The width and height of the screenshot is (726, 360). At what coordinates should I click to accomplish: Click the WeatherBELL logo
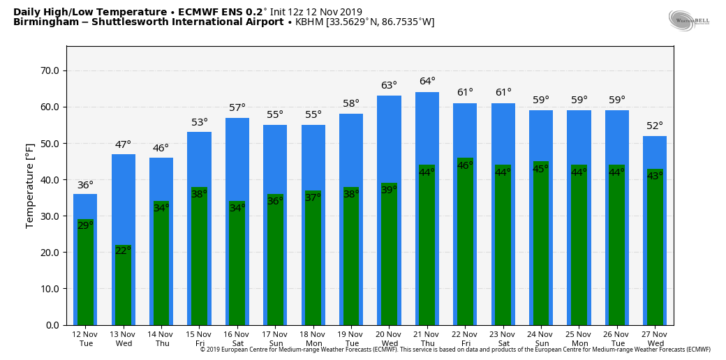[688, 20]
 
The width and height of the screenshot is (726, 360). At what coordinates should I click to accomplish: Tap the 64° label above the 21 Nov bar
[427, 82]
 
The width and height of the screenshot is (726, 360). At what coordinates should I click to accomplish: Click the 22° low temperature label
[124, 250]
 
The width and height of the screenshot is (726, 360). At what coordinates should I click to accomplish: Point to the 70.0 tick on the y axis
[50, 71]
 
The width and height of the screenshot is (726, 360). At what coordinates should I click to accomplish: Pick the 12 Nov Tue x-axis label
[86, 338]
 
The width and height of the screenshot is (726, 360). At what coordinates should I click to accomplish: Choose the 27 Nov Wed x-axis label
[655, 338]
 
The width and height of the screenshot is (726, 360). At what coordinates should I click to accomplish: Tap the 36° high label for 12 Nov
[85, 186]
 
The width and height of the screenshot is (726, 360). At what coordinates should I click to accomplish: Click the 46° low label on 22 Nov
[465, 165]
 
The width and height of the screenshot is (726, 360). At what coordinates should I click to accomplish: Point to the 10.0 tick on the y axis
[50, 289]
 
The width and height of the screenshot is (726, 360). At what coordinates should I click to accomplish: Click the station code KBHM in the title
[309, 22]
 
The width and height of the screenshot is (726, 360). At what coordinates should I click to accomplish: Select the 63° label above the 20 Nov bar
[390, 86]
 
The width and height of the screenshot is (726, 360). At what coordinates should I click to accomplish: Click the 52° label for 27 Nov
[655, 126]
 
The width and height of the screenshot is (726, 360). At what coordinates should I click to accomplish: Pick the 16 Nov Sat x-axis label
[237, 338]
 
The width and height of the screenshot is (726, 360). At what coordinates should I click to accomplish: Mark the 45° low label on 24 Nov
[541, 169]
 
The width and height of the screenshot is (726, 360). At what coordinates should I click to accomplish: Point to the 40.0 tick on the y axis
[50, 180]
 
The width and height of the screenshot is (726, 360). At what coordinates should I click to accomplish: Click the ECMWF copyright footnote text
[455, 350]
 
